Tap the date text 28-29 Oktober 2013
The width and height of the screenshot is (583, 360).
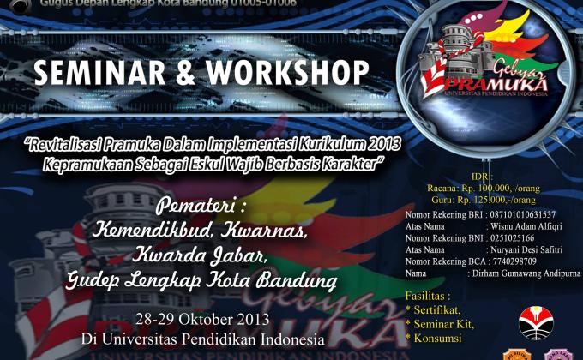click(x=207, y=319)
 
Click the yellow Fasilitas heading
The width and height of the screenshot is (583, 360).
click(x=428, y=296)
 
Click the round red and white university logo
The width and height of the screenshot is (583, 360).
click(x=536, y=323)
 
